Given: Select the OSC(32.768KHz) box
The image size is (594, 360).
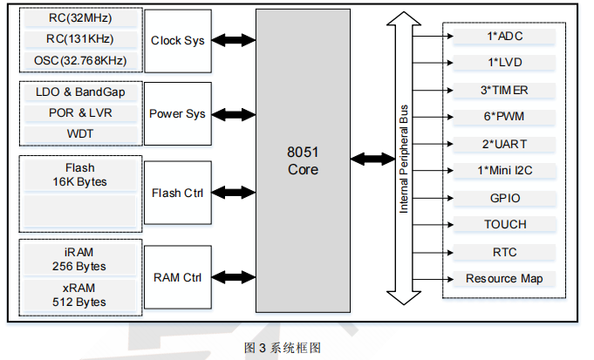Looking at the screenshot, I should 80,60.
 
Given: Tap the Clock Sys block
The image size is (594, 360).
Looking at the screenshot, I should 177,40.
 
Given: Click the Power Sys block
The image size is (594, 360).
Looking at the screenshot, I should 177,113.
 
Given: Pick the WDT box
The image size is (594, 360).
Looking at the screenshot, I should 80,134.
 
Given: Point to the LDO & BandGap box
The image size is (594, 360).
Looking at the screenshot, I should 80,92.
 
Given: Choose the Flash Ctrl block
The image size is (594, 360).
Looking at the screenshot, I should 177,193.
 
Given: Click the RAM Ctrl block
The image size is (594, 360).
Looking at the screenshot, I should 177,277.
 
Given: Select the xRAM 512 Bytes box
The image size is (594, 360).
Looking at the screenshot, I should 80,295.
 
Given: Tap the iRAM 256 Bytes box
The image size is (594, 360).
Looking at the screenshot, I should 80,259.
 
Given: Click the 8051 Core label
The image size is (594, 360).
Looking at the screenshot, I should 303,160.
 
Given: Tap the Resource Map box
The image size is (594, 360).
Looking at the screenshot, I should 504,279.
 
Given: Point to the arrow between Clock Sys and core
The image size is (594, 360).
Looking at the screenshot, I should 233,40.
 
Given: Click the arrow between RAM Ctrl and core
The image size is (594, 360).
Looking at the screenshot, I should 233,277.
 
